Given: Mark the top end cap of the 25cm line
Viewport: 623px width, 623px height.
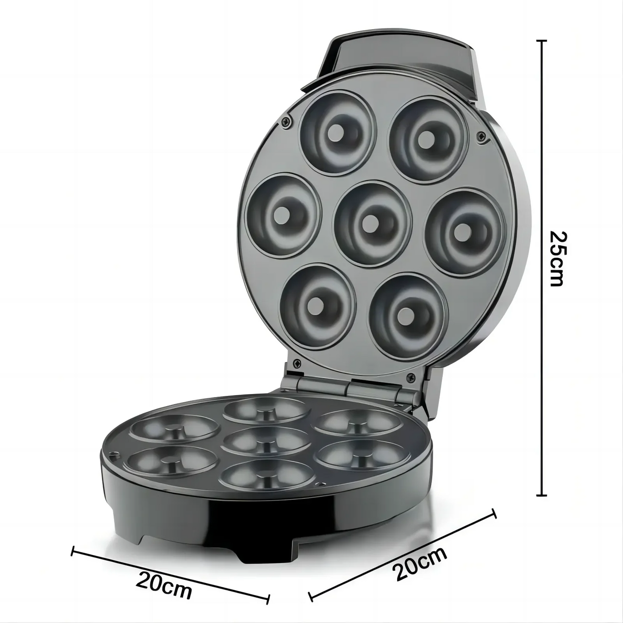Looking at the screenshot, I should tap(542, 41).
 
